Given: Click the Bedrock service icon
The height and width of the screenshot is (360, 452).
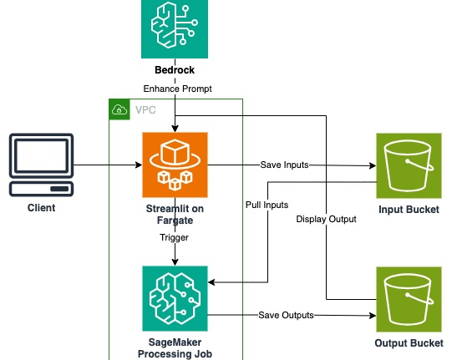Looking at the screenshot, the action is [x=175, y=29].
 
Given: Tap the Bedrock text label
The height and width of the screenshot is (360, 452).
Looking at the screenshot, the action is [x=175, y=70].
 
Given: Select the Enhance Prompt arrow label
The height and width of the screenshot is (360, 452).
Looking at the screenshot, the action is [x=178, y=89].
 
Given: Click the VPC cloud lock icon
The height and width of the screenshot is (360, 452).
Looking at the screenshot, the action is [x=119, y=109].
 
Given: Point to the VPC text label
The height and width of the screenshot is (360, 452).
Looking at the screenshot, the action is [x=145, y=109].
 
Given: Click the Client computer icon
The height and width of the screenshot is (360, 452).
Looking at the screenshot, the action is [x=41, y=165].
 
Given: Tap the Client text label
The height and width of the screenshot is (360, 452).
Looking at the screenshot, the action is [x=41, y=208].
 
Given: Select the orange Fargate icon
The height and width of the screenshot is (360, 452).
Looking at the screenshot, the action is [x=175, y=165].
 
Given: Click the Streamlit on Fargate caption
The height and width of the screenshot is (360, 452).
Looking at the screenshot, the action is [x=175, y=215].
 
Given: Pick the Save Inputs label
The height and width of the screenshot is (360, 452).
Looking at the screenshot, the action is [x=285, y=165].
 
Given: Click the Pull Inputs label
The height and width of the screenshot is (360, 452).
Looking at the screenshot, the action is [x=267, y=205].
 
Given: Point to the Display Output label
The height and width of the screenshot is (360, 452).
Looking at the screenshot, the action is [x=327, y=219].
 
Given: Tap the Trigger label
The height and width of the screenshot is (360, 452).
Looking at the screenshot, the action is [x=175, y=237].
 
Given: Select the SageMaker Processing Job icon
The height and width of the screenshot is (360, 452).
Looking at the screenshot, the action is [x=175, y=298].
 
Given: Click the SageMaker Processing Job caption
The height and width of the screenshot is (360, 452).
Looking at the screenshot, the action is [x=175, y=348].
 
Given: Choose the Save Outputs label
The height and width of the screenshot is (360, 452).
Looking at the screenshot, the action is [x=286, y=316].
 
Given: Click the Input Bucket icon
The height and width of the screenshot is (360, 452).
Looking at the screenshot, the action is [x=409, y=165].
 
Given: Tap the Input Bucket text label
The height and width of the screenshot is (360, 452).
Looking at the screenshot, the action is [x=409, y=210].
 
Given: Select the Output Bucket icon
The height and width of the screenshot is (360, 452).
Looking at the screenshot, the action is [x=409, y=300].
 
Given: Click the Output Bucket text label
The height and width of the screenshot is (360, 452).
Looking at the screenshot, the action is [x=409, y=343].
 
